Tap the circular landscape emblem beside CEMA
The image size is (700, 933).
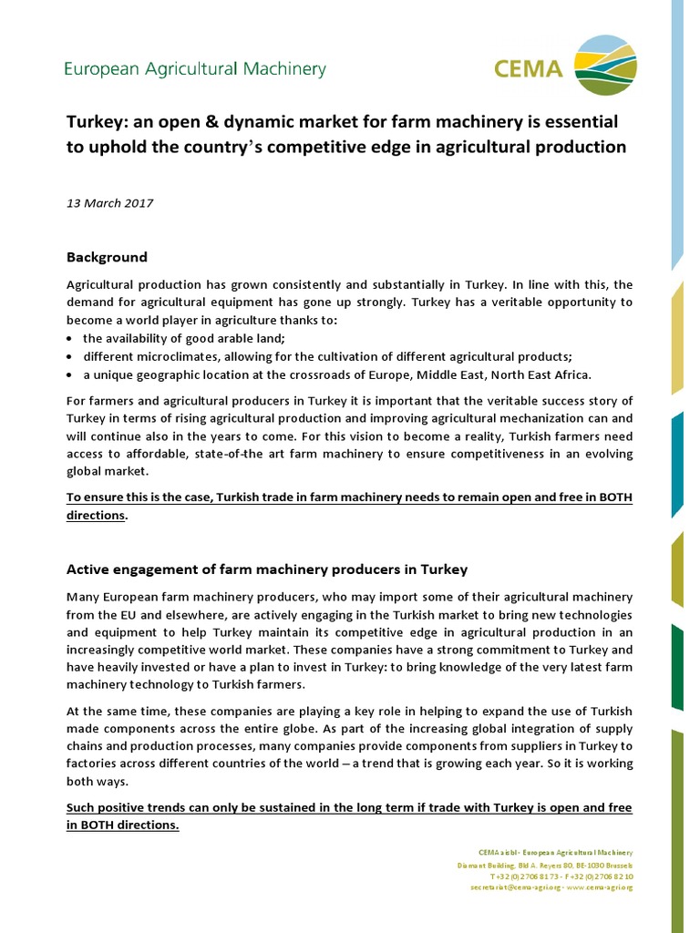point(607,65)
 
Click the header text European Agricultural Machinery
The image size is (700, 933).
point(194,69)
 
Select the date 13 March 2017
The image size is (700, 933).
point(109,203)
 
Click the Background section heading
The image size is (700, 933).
point(107,257)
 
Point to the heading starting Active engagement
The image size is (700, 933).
point(267,569)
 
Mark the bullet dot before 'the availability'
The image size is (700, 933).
point(71,338)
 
